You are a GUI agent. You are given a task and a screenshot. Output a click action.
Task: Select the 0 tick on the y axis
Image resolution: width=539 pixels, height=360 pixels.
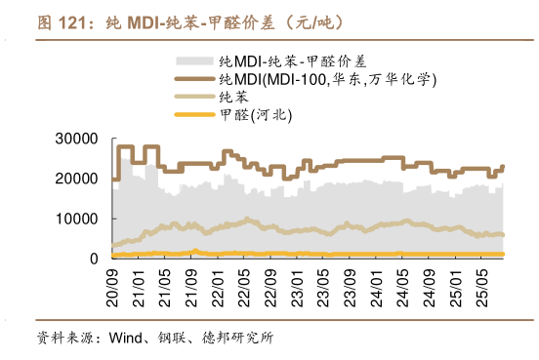[x=94, y=259]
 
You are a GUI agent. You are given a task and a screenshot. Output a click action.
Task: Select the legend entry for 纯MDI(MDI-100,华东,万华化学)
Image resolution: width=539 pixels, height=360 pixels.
[x=327, y=79]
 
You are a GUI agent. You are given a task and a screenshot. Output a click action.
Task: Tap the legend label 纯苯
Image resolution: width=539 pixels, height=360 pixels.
[x=234, y=98]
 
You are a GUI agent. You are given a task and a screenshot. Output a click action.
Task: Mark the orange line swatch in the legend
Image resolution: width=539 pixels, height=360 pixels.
[x=195, y=116]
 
